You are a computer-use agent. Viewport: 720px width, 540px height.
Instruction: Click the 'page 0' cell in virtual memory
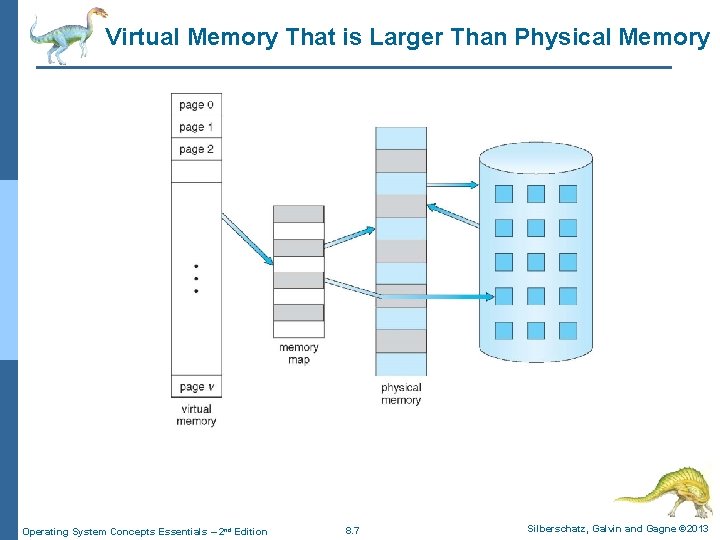coord(196,105)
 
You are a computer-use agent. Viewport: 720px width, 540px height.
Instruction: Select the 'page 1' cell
coord(196,127)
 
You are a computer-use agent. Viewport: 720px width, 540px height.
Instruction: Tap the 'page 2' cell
coord(196,149)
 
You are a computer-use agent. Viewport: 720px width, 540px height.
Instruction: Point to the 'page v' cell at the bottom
coord(196,387)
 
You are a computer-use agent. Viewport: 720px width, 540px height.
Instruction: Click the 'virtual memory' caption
coord(196,415)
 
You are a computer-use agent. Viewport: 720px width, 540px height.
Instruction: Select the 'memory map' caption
coord(298,354)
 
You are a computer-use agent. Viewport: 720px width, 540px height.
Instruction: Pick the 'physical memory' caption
coord(401,394)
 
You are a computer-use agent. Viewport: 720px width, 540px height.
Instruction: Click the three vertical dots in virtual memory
coord(196,278)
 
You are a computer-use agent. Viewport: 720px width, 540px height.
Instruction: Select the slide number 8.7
coord(352,531)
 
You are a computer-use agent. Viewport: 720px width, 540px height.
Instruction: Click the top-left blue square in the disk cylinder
coord(504,193)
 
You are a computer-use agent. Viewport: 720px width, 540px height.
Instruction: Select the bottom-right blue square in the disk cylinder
coord(568,330)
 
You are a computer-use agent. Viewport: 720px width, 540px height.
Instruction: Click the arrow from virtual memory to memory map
coord(246,240)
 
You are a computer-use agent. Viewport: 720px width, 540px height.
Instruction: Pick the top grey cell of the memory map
coord(298,214)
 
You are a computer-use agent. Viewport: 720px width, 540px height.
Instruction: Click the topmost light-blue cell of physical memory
coord(401,138)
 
